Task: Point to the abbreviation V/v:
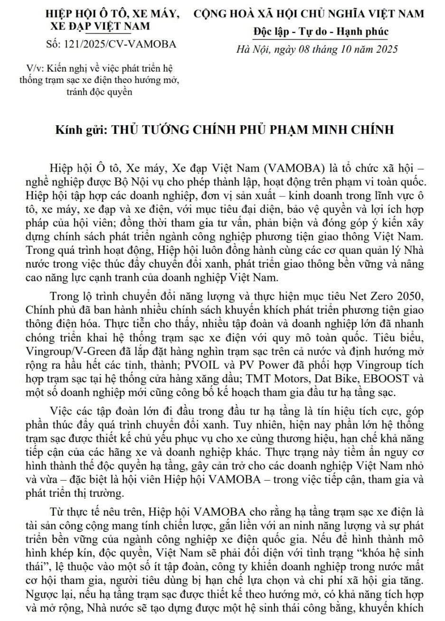click(x=35, y=67)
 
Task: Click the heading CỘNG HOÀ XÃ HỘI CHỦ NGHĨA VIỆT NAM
click(x=309, y=14)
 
